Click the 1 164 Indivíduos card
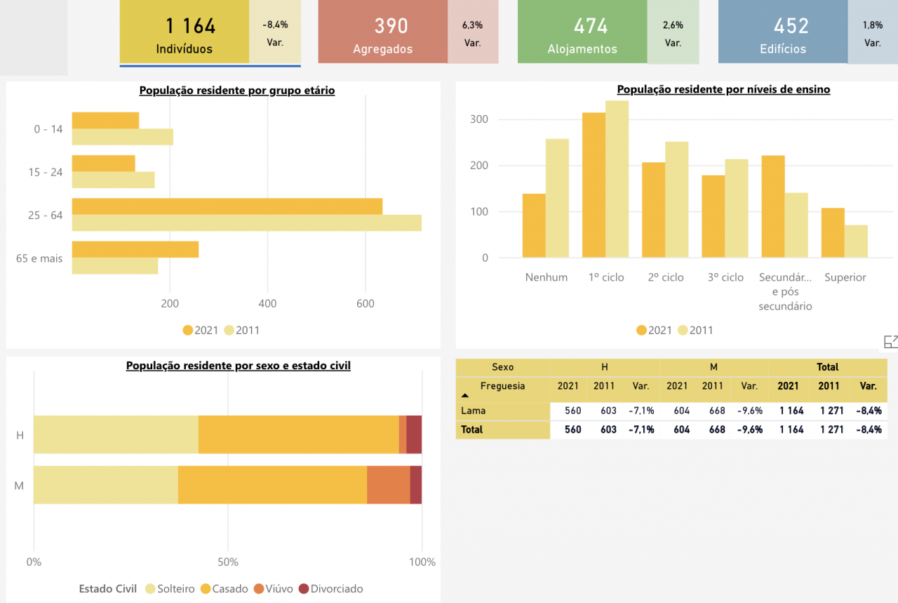coord(185,32)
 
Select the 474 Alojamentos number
coord(591,26)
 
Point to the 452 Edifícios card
coord(783,32)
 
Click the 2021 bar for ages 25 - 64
coord(227,206)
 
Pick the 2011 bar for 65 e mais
coord(114,266)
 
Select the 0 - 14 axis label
coord(48,129)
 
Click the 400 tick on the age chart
coord(267,304)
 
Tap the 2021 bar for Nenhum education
coord(534,226)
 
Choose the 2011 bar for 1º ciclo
coord(617,180)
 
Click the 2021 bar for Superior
coord(833,233)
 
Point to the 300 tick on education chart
coord(479,119)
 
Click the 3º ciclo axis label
coord(725,278)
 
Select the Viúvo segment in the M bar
coord(389,485)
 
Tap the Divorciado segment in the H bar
coord(414,435)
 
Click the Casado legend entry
coord(224,589)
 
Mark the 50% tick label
coord(228,562)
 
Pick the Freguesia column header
coord(502,386)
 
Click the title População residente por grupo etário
coord(237,91)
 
